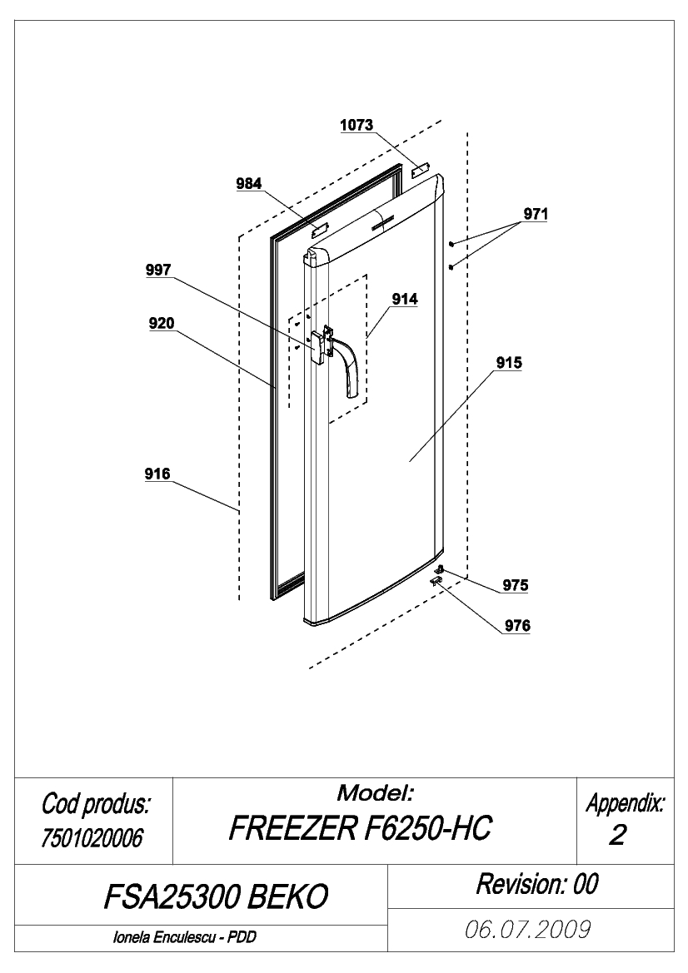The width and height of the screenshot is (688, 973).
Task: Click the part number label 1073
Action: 356,125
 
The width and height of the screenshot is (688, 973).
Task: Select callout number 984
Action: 249,184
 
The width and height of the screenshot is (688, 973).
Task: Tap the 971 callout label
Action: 536,214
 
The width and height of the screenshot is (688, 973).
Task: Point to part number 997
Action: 158,270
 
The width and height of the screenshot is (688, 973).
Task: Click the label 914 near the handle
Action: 405,299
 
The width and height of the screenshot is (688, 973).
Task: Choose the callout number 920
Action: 162,323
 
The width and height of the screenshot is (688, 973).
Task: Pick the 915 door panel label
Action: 509,362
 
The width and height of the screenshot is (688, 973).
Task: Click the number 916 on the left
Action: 157,474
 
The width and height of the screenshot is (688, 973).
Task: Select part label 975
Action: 516,585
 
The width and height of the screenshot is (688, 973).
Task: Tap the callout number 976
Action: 517,626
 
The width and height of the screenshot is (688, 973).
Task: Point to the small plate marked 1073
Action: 420,171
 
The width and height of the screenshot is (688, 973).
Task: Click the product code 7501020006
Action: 92,838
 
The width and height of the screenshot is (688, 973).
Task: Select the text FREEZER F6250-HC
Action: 360,828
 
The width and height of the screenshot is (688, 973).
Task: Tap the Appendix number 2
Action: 616,836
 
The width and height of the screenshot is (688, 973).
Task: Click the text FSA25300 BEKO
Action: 216,896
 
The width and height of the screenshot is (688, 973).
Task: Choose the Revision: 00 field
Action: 537,884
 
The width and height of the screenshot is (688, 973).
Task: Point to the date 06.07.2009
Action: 528,930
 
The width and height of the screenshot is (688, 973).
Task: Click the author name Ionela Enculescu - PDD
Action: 184,937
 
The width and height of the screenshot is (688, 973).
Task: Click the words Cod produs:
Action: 96,804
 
